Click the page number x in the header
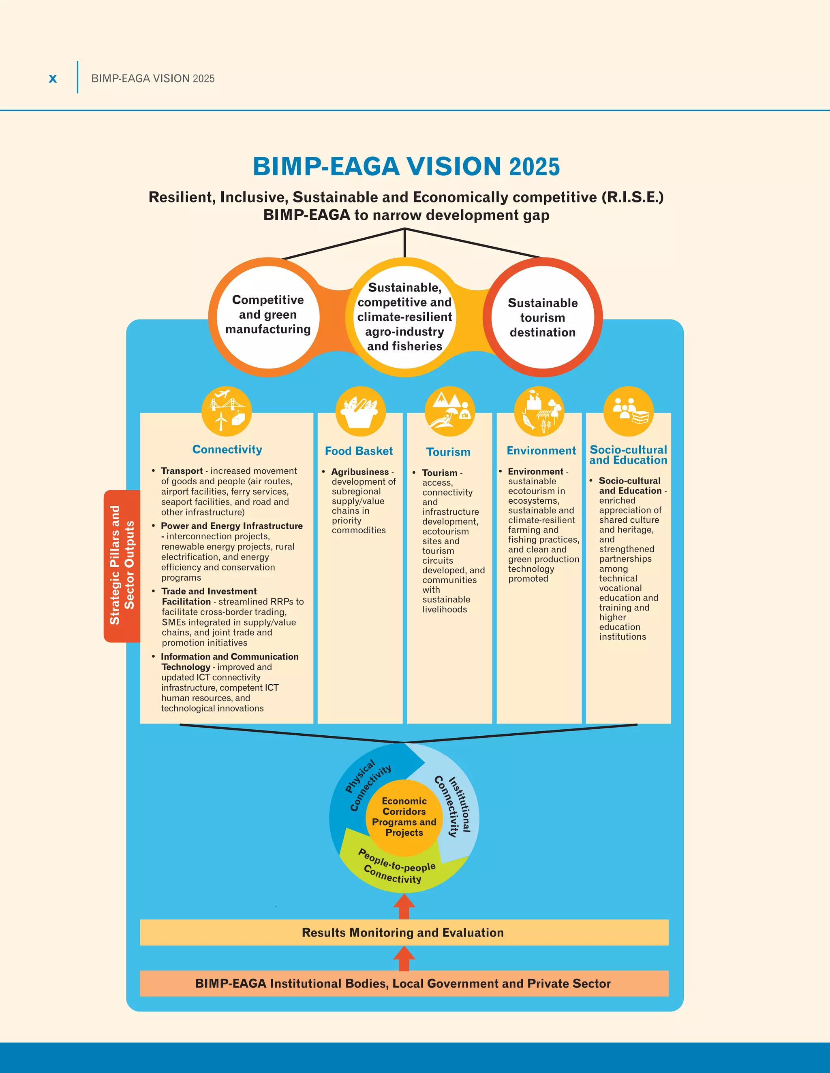[53, 79]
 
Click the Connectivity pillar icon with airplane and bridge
[227, 411]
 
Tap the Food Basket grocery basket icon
[360, 411]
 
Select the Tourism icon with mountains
[449, 411]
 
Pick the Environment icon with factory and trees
[539, 411]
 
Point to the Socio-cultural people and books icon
[629, 411]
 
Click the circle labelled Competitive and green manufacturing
[268, 315]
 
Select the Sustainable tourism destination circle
[542, 318]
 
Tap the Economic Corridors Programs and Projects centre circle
[404, 817]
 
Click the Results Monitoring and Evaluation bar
[404, 932]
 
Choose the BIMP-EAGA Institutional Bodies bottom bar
[404, 983]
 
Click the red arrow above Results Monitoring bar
[404, 907]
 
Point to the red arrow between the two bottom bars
[404, 958]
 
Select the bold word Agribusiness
[359, 472]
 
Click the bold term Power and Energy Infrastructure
[231, 526]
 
